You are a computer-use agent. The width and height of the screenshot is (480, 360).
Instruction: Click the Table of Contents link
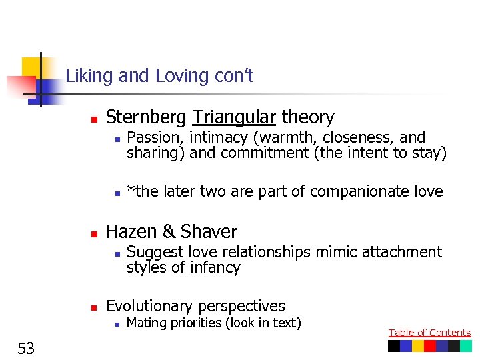[429, 333]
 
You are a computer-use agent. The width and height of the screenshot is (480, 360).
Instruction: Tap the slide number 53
[27, 347]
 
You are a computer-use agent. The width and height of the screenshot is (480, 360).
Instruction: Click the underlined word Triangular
[234, 118]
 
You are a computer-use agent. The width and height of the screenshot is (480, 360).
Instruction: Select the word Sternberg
[147, 118]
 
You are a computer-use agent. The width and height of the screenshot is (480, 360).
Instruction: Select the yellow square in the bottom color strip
[417, 346]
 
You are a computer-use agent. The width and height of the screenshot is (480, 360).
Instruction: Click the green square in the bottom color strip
[465, 346]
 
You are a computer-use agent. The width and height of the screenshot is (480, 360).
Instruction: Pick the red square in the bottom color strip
[429, 346]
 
